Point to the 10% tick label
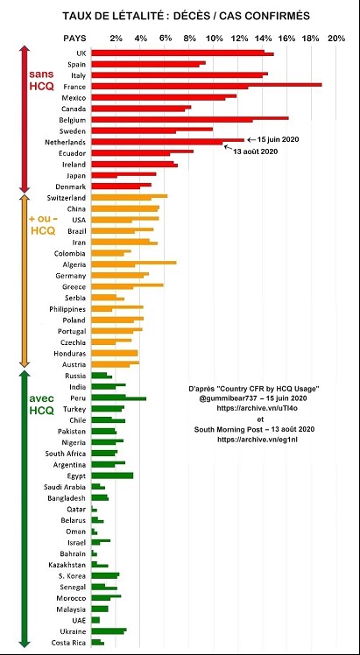[x=215, y=39]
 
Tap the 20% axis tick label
[x=336, y=39]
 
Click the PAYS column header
[x=74, y=39]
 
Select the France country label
[x=74, y=87]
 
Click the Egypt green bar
[x=112, y=475]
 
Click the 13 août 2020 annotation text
[x=256, y=151]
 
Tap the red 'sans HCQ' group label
[x=41, y=81]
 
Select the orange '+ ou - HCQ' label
[x=42, y=225]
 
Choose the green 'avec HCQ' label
[x=42, y=404]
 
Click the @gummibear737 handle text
[x=226, y=397]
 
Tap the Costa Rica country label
[x=68, y=643]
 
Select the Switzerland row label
[x=67, y=198]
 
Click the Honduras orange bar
[x=115, y=354]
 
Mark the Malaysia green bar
[x=100, y=609]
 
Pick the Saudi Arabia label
[x=65, y=487]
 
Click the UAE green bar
[x=95, y=620]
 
